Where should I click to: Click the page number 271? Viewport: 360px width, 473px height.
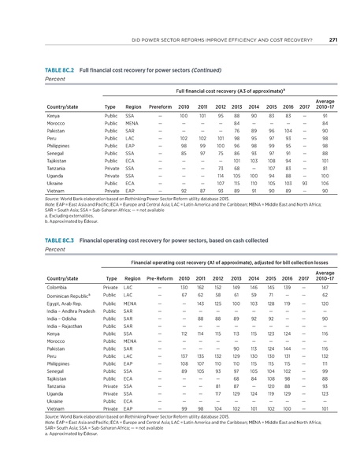tap(334, 41)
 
